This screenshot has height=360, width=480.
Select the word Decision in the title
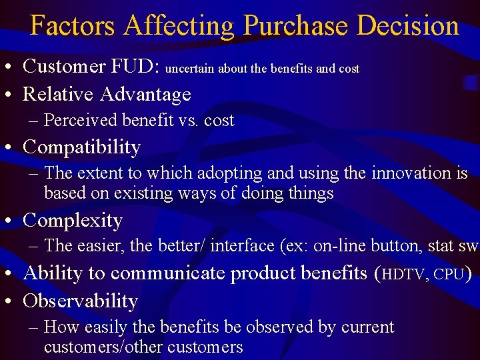click(x=408, y=26)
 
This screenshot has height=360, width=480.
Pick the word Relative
click(x=58, y=95)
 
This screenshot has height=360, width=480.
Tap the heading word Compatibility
click(x=81, y=147)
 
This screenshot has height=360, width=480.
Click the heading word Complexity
click(x=73, y=221)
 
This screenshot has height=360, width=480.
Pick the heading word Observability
click(x=80, y=301)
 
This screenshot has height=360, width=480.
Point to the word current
click(x=367, y=327)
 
